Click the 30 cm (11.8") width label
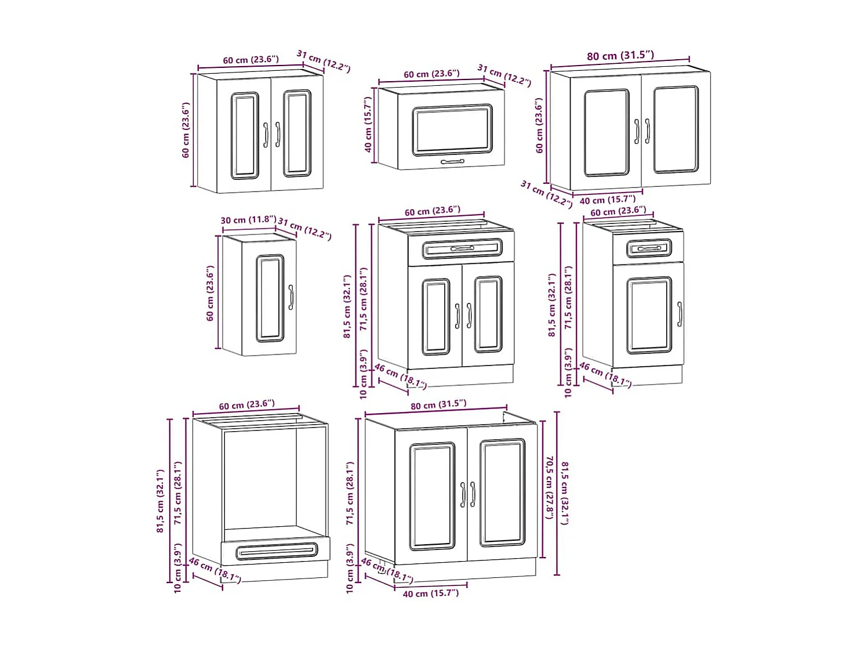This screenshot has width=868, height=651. pos(248,220)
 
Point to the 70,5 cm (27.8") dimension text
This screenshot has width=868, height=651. pos(549,487)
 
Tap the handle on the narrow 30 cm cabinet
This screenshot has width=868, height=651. pos(290,297)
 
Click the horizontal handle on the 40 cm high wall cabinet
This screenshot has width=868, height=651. pos(452,162)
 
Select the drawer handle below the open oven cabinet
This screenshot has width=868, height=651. pos(277,551)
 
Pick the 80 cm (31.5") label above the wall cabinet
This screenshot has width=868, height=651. pos(620,56)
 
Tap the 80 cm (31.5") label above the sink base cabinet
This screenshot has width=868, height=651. pos(438,404)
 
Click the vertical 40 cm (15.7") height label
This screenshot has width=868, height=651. pos(368,125)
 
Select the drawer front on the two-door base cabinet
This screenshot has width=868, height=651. pos(462,248)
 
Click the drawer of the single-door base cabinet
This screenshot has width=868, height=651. pos(648,248)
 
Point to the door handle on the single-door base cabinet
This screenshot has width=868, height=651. pos(680,313)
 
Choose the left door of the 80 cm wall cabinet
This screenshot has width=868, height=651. pos(606,133)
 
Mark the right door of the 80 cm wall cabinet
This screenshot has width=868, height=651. pos(675,130)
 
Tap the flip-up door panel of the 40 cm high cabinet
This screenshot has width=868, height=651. pos(452,130)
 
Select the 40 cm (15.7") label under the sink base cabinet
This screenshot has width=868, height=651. pos(430,594)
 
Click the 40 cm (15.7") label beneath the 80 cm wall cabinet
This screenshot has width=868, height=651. pos(607,200)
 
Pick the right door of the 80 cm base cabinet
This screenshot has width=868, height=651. pos(502,493)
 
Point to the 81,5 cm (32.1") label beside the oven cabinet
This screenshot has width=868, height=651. pos(161,501)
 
